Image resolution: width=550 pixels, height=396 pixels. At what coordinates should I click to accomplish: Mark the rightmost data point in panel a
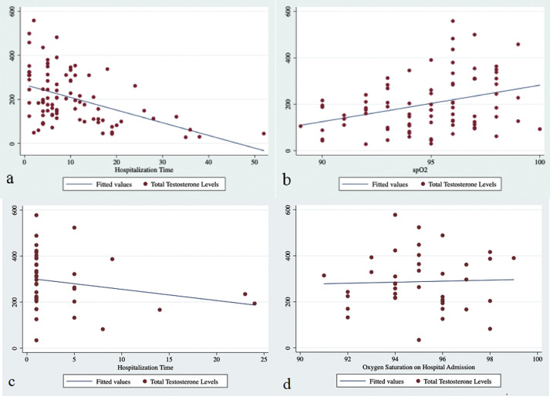click(x=264, y=133)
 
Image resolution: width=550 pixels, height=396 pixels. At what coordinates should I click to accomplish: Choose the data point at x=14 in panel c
click(x=160, y=310)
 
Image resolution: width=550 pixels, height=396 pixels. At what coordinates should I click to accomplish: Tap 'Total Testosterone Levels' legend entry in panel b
click(x=462, y=184)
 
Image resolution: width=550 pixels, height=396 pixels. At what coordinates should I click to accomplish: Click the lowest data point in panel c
click(x=36, y=340)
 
